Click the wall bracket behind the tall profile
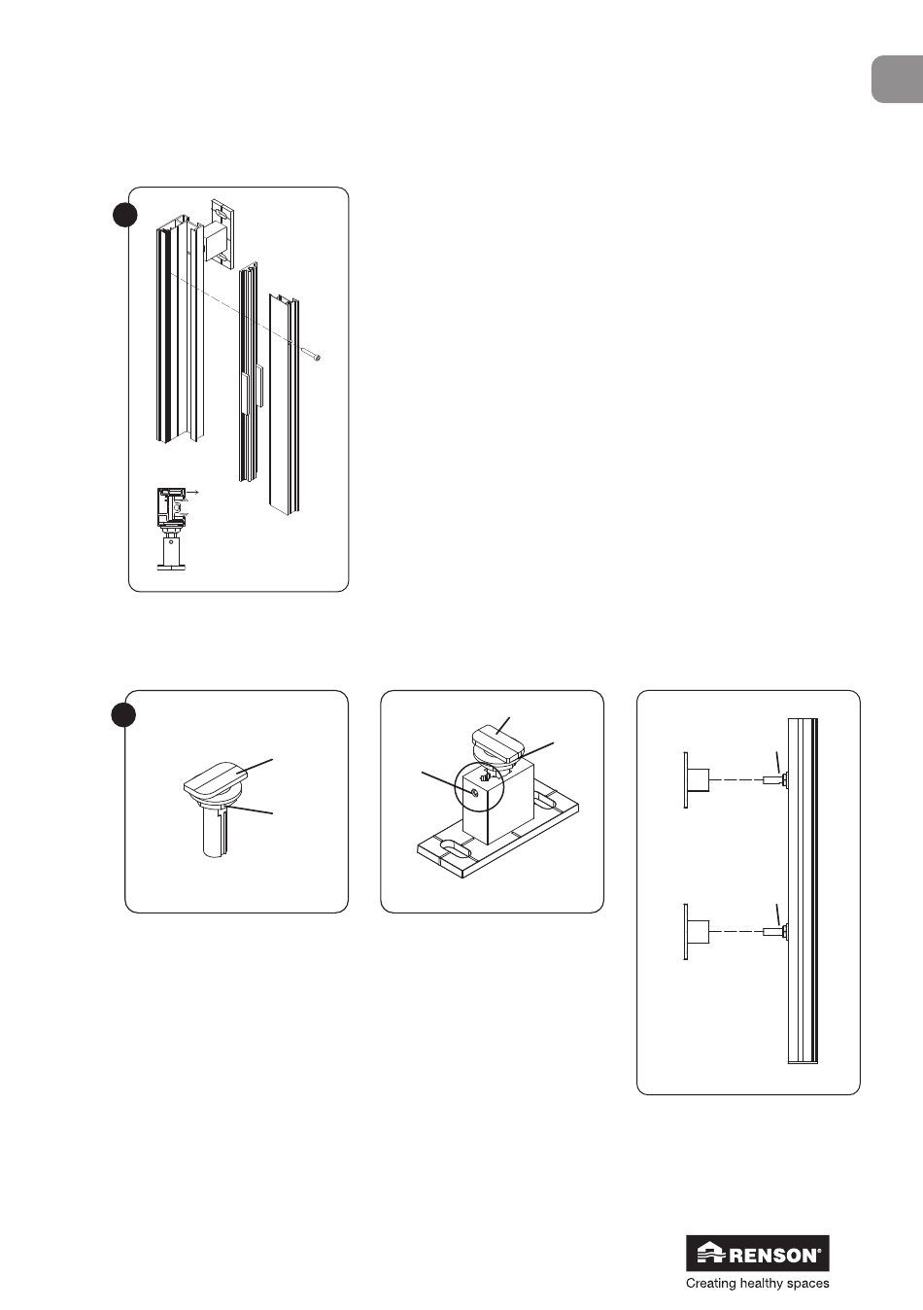[219, 234]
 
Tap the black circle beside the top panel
[125, 215]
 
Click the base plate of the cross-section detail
[172, 567]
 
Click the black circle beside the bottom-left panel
[123, 714]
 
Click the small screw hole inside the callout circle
[475, 793]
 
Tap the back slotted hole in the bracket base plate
[545, 798]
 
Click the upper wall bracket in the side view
[697, 780]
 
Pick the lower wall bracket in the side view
[697, 932]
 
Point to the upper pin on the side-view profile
[775, 779]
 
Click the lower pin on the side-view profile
[775, 932]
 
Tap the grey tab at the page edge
[898, 80]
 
